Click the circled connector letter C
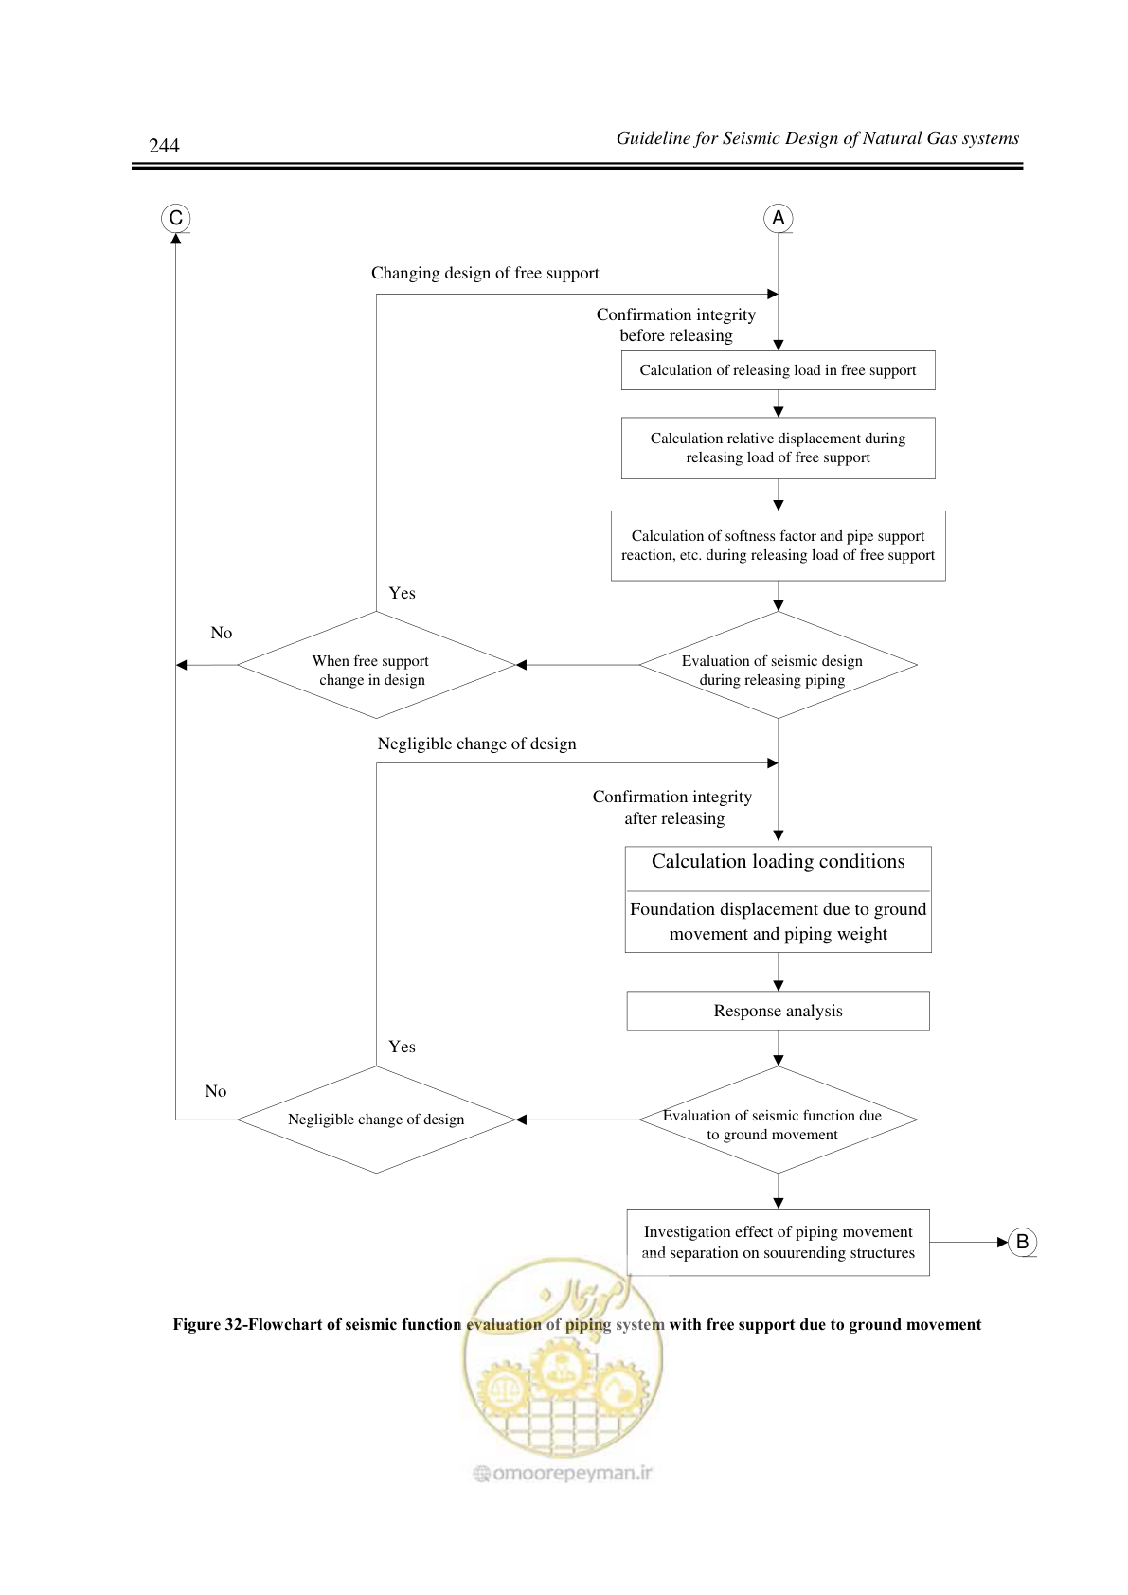(x=176, y=218)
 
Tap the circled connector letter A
(x=779, y=218)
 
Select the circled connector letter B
(x=1023, y=1242)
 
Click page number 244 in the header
(x=164, y=145)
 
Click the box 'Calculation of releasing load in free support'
(x=778, y=370)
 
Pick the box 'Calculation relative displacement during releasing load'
(x=778, y=448)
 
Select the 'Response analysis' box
(x=778, y=1011)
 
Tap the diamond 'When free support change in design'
(x=376, y=665)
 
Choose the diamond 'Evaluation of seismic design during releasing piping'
(x=778, y=665)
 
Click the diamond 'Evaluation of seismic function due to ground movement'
(x=778, y=1120)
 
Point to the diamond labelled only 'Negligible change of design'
(x=376, y=1120)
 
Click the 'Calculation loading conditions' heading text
(x=779, y=862)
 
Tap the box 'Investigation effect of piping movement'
(x=778, y=1242)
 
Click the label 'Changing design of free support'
(x=485, y=274)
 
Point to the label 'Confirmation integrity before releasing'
(x=676, y=325)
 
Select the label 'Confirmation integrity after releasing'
(x=673, y=808)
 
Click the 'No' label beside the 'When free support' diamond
(x=222, y=633)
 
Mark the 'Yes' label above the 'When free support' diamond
(x=403, y=593)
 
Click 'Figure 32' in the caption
(x=208, y=1324)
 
